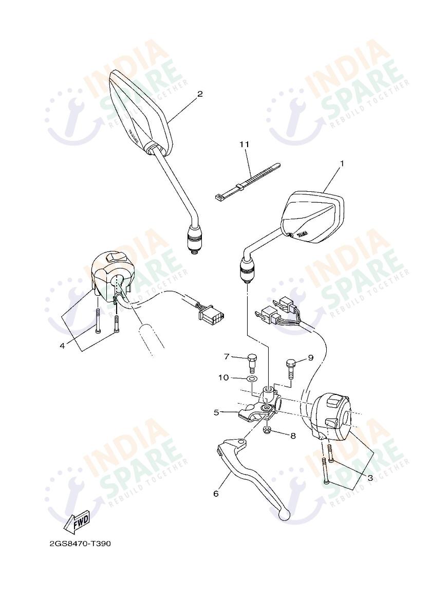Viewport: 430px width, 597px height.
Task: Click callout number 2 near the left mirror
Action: (200, 94)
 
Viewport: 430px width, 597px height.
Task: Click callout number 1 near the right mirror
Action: (341, 164)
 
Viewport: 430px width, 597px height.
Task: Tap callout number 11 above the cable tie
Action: (244, 144)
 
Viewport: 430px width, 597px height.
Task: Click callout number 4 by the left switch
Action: (62, 346)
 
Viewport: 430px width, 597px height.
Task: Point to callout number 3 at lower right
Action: (370, 478)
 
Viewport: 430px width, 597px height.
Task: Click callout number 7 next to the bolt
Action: (226, 356)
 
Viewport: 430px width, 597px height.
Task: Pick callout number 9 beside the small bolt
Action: (310, 358)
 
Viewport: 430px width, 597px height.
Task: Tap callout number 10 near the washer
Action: (223, 378)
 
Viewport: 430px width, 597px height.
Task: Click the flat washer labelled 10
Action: (251, 379)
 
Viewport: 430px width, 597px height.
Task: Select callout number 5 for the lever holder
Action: (217, 412)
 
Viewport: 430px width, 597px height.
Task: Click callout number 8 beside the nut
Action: (292, 436)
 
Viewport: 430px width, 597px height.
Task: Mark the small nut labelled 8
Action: (266, 430)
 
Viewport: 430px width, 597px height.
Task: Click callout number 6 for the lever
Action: (216, 494)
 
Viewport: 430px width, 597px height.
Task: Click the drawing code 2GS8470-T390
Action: (80, 544)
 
